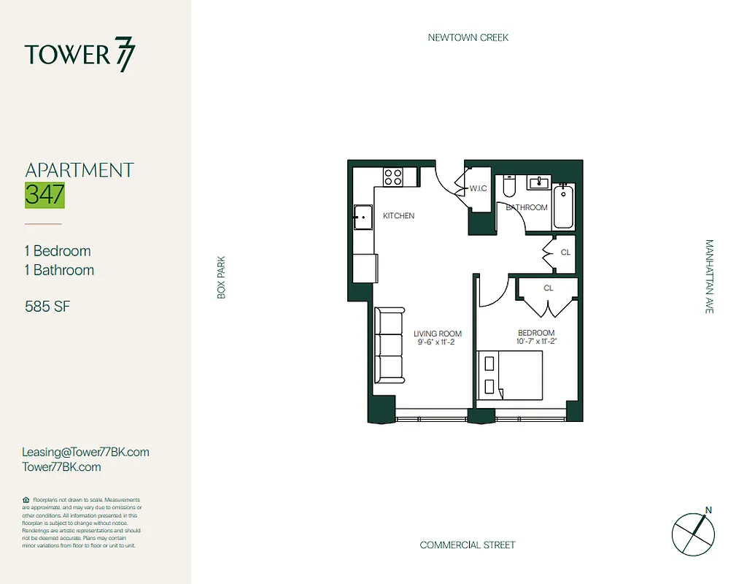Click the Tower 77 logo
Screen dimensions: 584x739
click(x=80, y=55)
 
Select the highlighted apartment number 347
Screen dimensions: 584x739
click(x=45, y=195)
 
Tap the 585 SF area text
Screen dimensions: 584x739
click(x=47, y=307)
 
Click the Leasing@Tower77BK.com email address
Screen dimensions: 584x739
click(x=86, y=452)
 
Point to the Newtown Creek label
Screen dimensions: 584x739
click(x=468, y=37)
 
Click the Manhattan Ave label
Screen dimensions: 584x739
click(x=708, y=277)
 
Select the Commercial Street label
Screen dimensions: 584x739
click(x=468, y=545)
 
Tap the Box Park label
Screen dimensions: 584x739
click(x=222, y=277)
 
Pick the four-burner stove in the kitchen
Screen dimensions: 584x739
click(x=393, y=177)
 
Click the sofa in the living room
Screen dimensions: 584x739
click(x=390, y=345)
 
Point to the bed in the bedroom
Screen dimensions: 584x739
click(x=509, y=374)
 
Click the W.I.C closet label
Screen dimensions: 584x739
click(x=478, y=188)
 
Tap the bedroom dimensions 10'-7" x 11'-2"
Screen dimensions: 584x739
click(x=536, y=342)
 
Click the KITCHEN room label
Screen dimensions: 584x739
click(x=398, y=215)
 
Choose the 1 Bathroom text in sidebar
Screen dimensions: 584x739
click(x=59, y=270)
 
